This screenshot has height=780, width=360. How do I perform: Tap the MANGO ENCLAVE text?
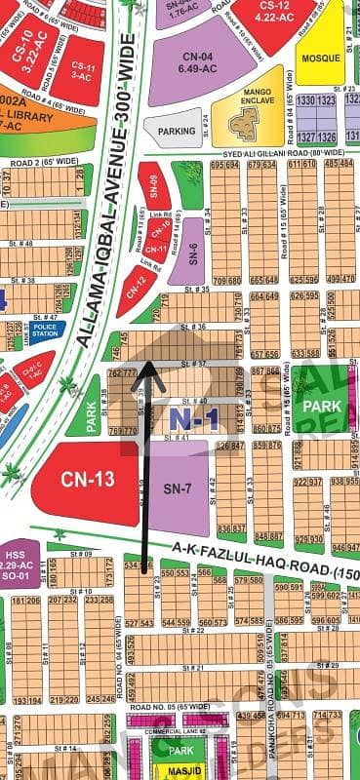244,96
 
